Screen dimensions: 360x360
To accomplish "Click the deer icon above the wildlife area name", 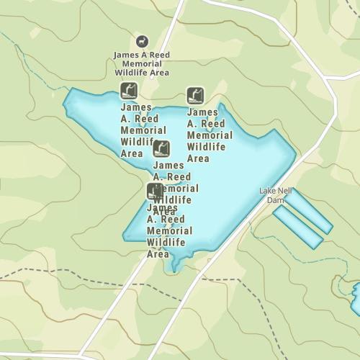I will point(142,42).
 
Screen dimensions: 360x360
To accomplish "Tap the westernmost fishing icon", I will point(128,91).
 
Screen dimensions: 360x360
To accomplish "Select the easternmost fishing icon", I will point(194,95).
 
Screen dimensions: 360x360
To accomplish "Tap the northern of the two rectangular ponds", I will point(308,212).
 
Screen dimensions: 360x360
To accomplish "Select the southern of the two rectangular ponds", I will point(297,227).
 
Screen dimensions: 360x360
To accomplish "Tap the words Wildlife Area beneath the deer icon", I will point(142,72).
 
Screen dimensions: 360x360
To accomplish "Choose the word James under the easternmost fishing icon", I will point(202,112).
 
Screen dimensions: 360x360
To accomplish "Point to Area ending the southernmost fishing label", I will point(158,253).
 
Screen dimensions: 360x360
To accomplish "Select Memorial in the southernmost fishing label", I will point(170,230).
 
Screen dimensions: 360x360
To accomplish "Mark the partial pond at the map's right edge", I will point(356,298).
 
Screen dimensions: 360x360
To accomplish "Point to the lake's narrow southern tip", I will point(173,268).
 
